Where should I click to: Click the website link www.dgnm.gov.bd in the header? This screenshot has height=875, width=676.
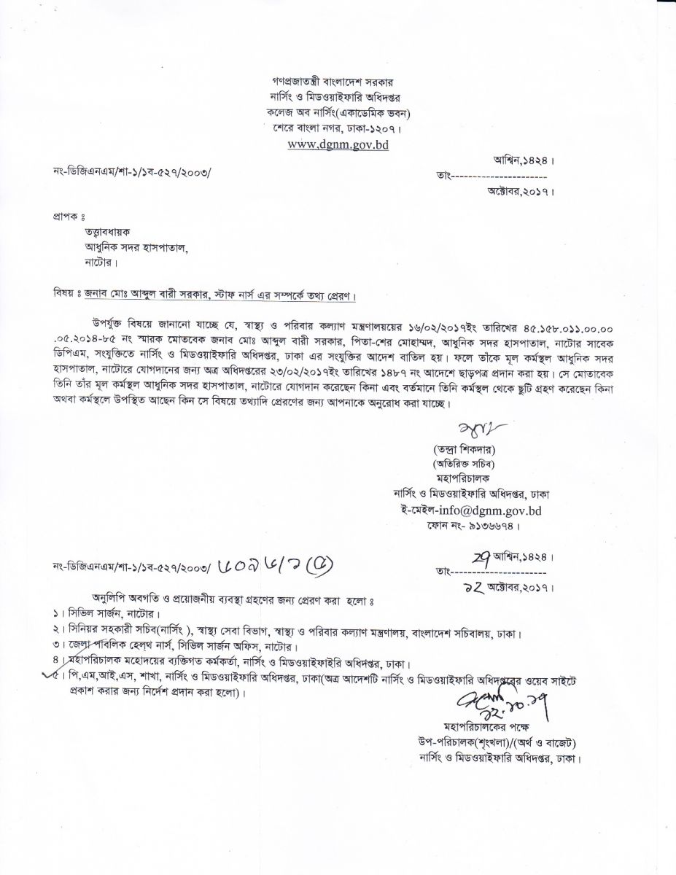338,144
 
